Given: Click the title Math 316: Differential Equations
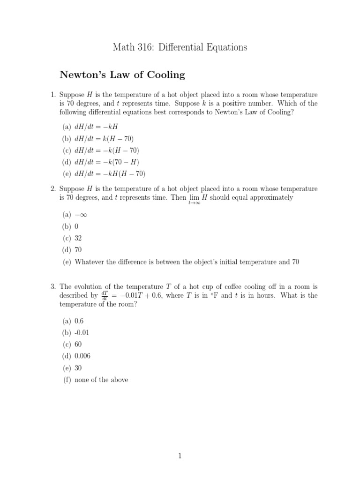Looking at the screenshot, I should tap(180, 47).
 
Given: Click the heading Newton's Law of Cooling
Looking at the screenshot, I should tap(122, 75).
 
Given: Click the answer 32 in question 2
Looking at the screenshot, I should tap(78, 238).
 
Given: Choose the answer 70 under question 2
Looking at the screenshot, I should tap(78, 250).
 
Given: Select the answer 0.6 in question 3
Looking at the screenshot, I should tap(79, 321).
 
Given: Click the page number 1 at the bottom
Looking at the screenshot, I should tap(180, 455).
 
